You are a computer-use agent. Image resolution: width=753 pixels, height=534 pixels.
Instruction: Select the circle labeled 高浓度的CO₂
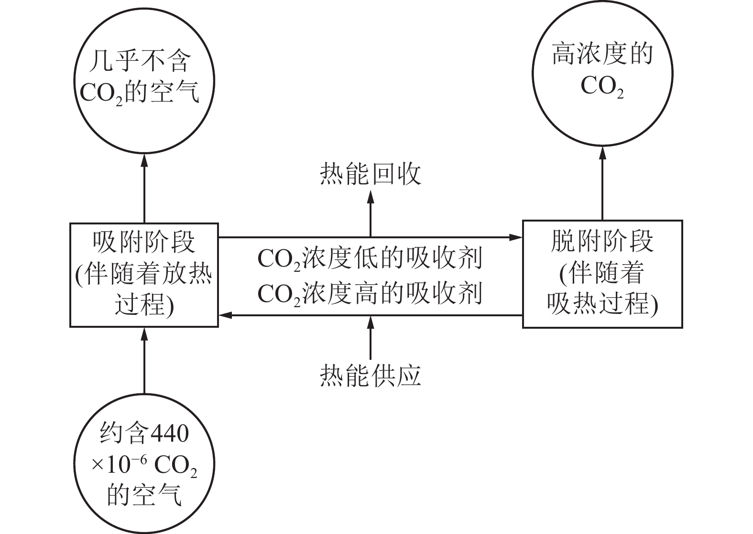point(602,73)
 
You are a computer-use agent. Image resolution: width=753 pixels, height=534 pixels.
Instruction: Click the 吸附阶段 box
point(144,275)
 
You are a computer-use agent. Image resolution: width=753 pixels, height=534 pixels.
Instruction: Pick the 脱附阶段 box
point(602,274)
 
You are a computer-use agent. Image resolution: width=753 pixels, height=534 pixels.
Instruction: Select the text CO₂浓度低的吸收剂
point(370,259)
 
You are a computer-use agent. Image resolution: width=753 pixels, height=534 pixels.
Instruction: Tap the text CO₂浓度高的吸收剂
point(370,293)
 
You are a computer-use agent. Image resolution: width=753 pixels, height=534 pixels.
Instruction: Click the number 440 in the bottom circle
point(169,434)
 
